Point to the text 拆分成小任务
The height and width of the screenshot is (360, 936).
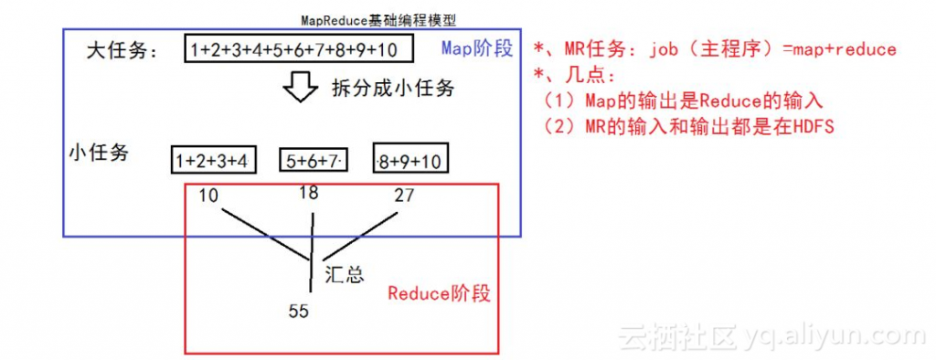392,90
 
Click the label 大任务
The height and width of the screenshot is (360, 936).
122,50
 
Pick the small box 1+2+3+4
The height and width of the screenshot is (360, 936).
212,161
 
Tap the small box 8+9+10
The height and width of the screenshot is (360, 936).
409,161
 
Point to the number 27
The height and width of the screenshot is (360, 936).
403,195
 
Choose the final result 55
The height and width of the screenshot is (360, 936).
299,311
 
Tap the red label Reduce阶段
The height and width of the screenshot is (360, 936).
439,293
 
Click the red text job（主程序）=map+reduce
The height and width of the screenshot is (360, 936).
773,49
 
